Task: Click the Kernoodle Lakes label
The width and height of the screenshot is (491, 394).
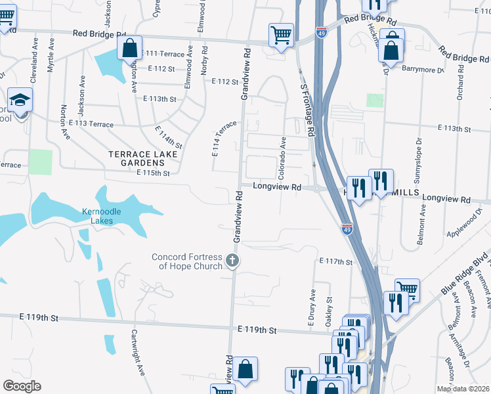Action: [106, 216]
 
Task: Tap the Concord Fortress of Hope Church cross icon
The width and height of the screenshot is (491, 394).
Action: [231, 261]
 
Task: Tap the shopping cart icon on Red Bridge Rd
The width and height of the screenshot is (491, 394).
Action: [281, 35]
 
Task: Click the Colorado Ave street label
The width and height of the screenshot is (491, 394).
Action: [282, 158]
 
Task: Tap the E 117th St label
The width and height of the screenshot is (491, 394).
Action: [336, 261]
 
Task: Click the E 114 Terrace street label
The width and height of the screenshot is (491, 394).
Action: [223, 138]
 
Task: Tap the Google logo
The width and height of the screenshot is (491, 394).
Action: [22, 385]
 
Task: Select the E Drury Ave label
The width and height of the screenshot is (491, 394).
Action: [312, 308]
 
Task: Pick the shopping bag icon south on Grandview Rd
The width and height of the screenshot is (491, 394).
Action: [245, 368]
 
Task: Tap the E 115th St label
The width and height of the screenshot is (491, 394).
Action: [153, 173]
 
